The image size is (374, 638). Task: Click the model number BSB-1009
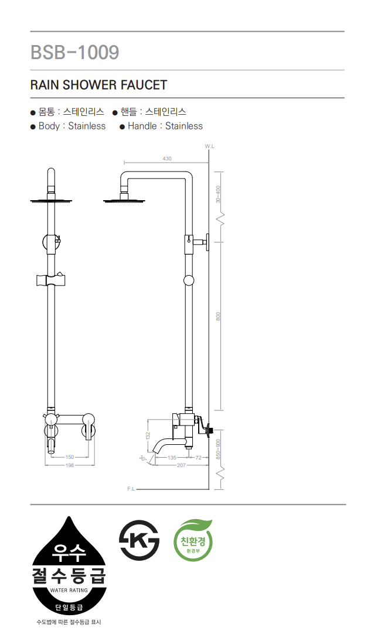pos(75,52)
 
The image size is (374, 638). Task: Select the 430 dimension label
pos(167,159)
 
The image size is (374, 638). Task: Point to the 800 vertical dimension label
pos(219,316)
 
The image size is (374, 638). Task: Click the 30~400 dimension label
pos(219,194)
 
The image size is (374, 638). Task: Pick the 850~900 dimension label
pos(219,448)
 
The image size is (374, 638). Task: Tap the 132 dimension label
pos(148,436)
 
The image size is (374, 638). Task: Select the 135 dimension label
pos(172,457)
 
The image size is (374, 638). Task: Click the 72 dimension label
pos(198,457)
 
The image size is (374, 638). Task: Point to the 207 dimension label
pos(181,465)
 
